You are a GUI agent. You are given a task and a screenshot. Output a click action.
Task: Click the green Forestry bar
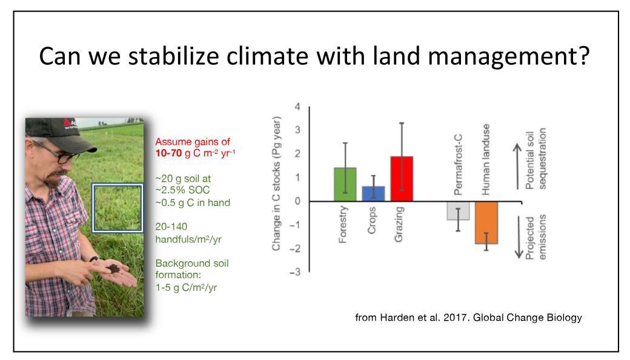click(x=345, y=184)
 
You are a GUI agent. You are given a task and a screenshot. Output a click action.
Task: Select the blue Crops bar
click(x=373, y=193)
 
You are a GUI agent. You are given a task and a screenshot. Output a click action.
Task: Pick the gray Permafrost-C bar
click(x=458, y=210)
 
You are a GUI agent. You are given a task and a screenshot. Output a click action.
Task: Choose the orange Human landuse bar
click(x=486, y=222)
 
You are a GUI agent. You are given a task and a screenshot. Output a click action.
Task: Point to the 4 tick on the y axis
click(x=297, y=107)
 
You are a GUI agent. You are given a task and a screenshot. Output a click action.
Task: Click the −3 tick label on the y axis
click(x=295, y=272)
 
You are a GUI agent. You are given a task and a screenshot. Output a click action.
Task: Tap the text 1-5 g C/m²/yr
click(x=186, y=287)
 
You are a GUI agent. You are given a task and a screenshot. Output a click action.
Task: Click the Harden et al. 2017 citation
click(x=468, y=318)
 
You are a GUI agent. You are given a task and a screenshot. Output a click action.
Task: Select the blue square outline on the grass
click(x=117, y=208)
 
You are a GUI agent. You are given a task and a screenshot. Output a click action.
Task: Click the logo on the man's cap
click(x=68, y=124)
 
